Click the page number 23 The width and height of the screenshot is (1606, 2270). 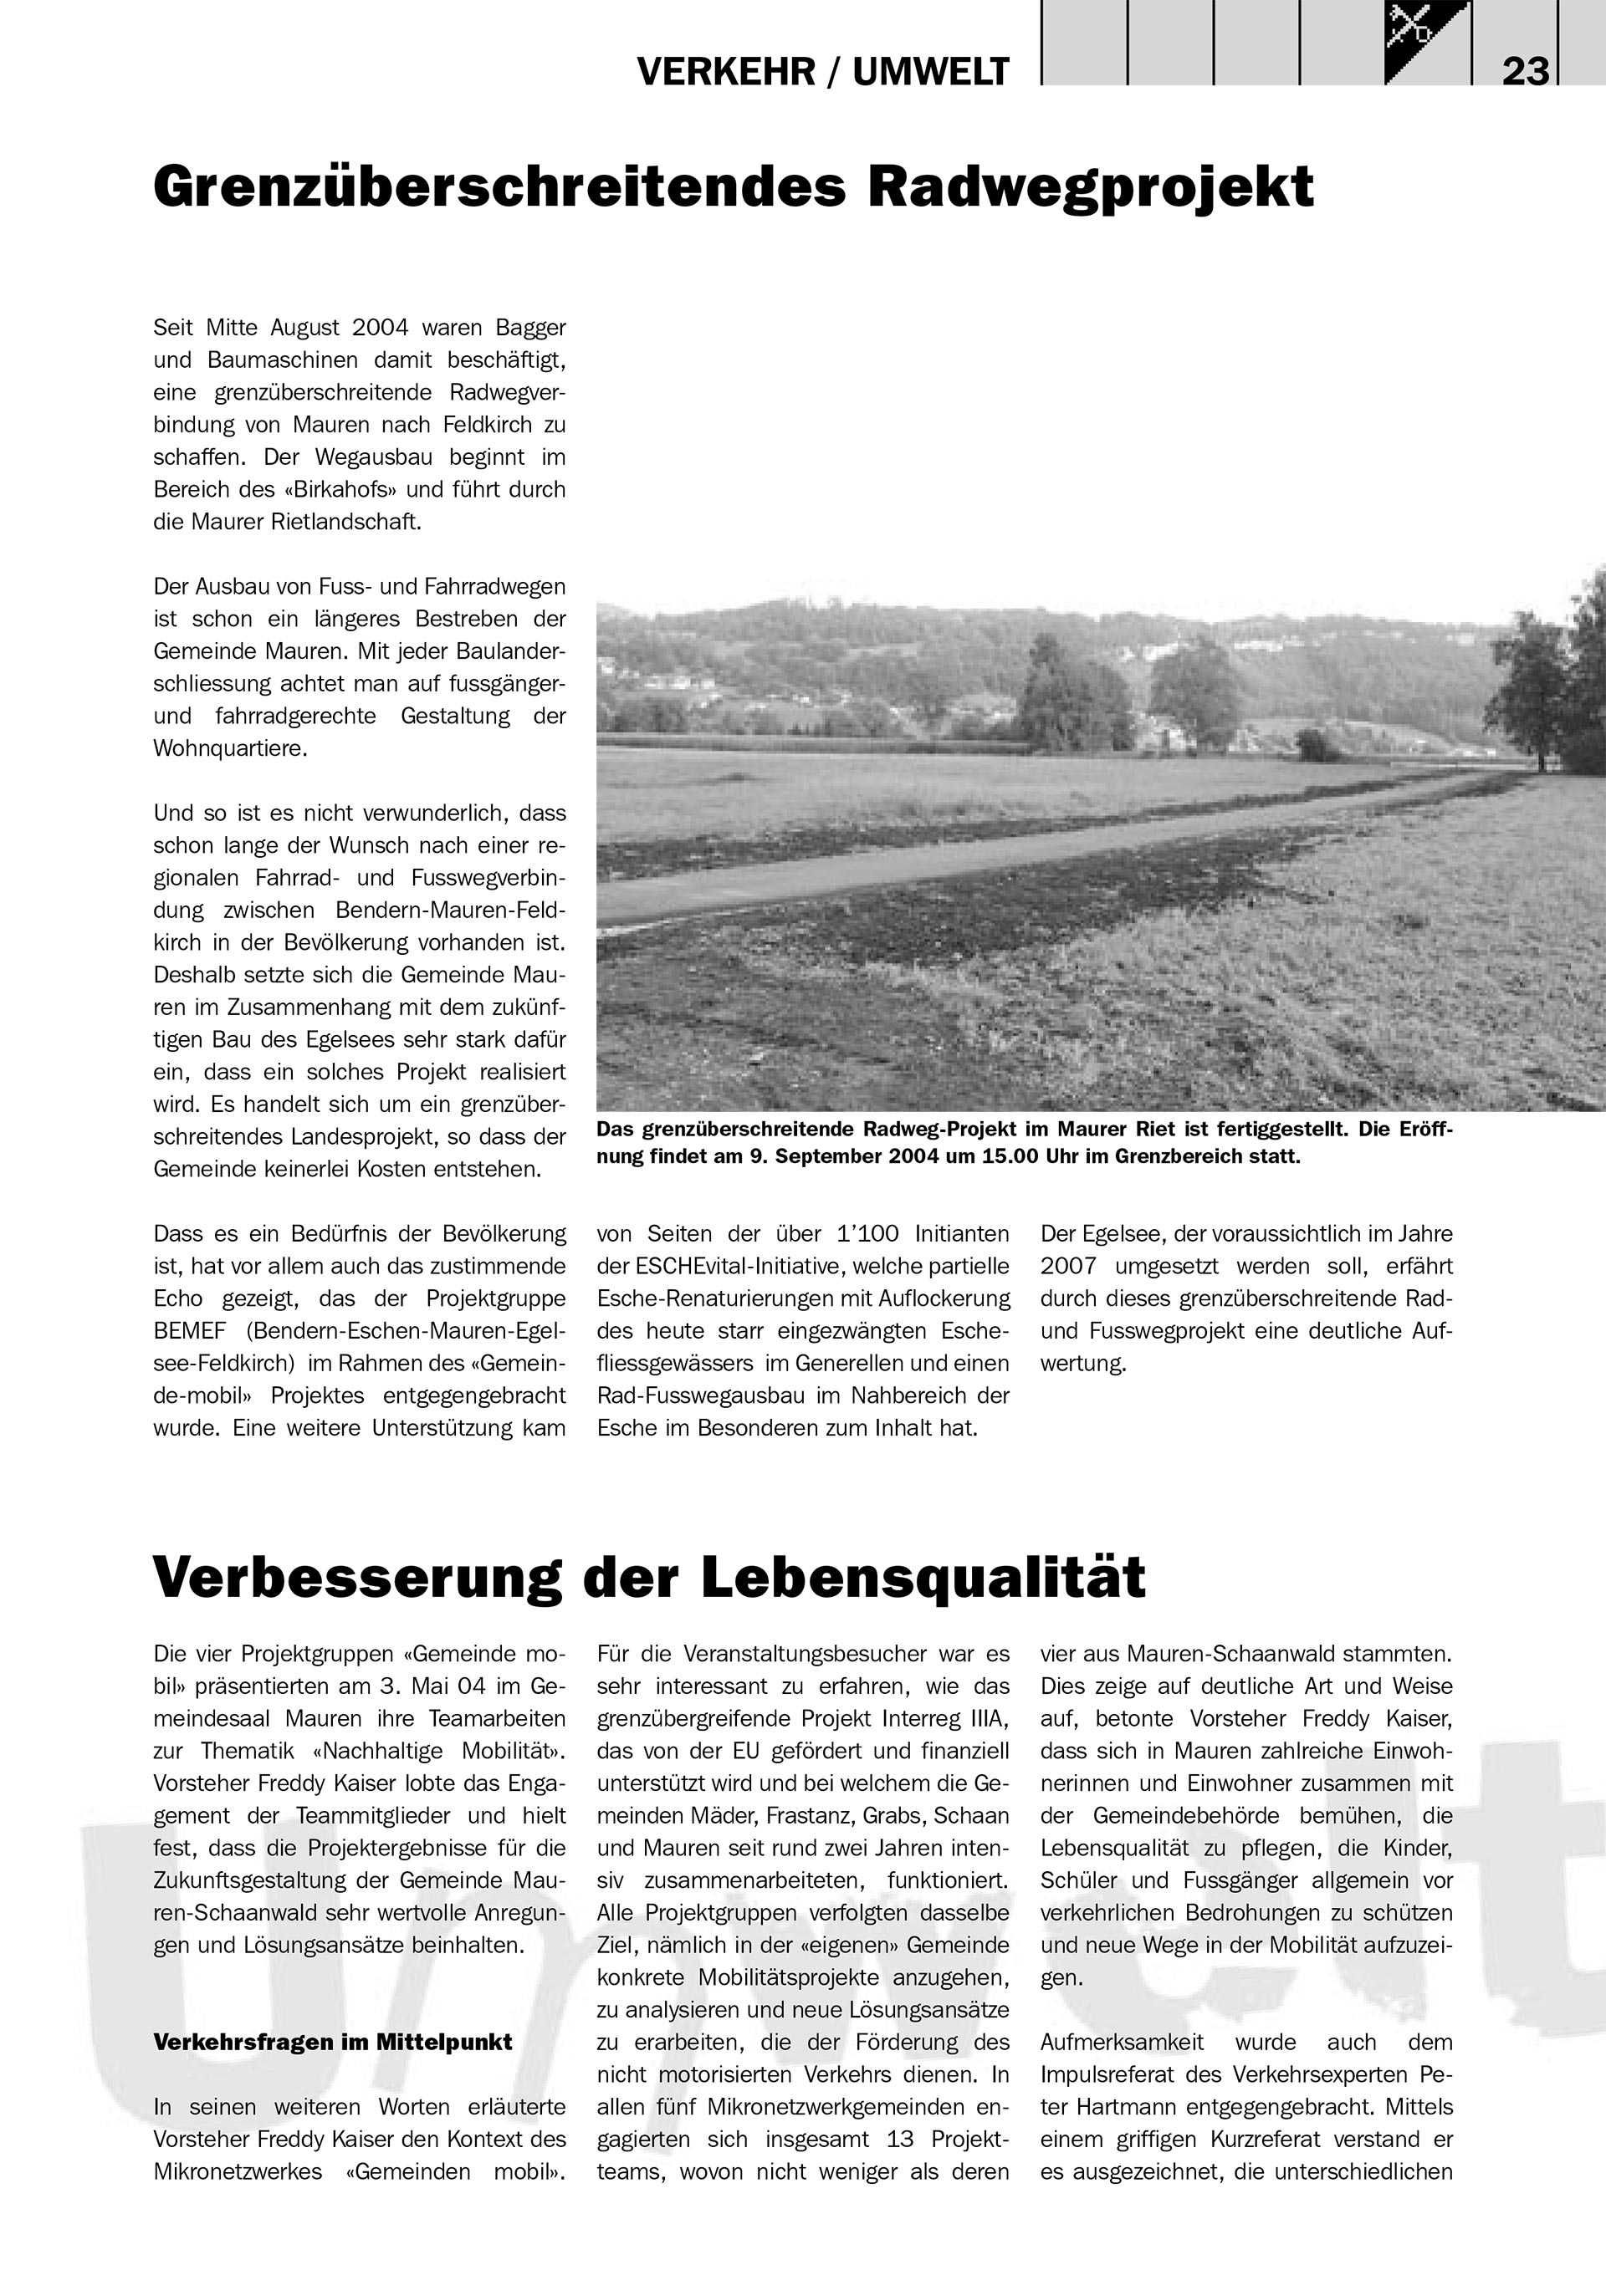[1525, 72]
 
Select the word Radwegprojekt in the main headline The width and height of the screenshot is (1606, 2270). [1091, 188]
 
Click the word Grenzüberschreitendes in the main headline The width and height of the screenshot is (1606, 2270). [499, 188]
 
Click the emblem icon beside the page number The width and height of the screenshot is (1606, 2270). [1427, 42]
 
